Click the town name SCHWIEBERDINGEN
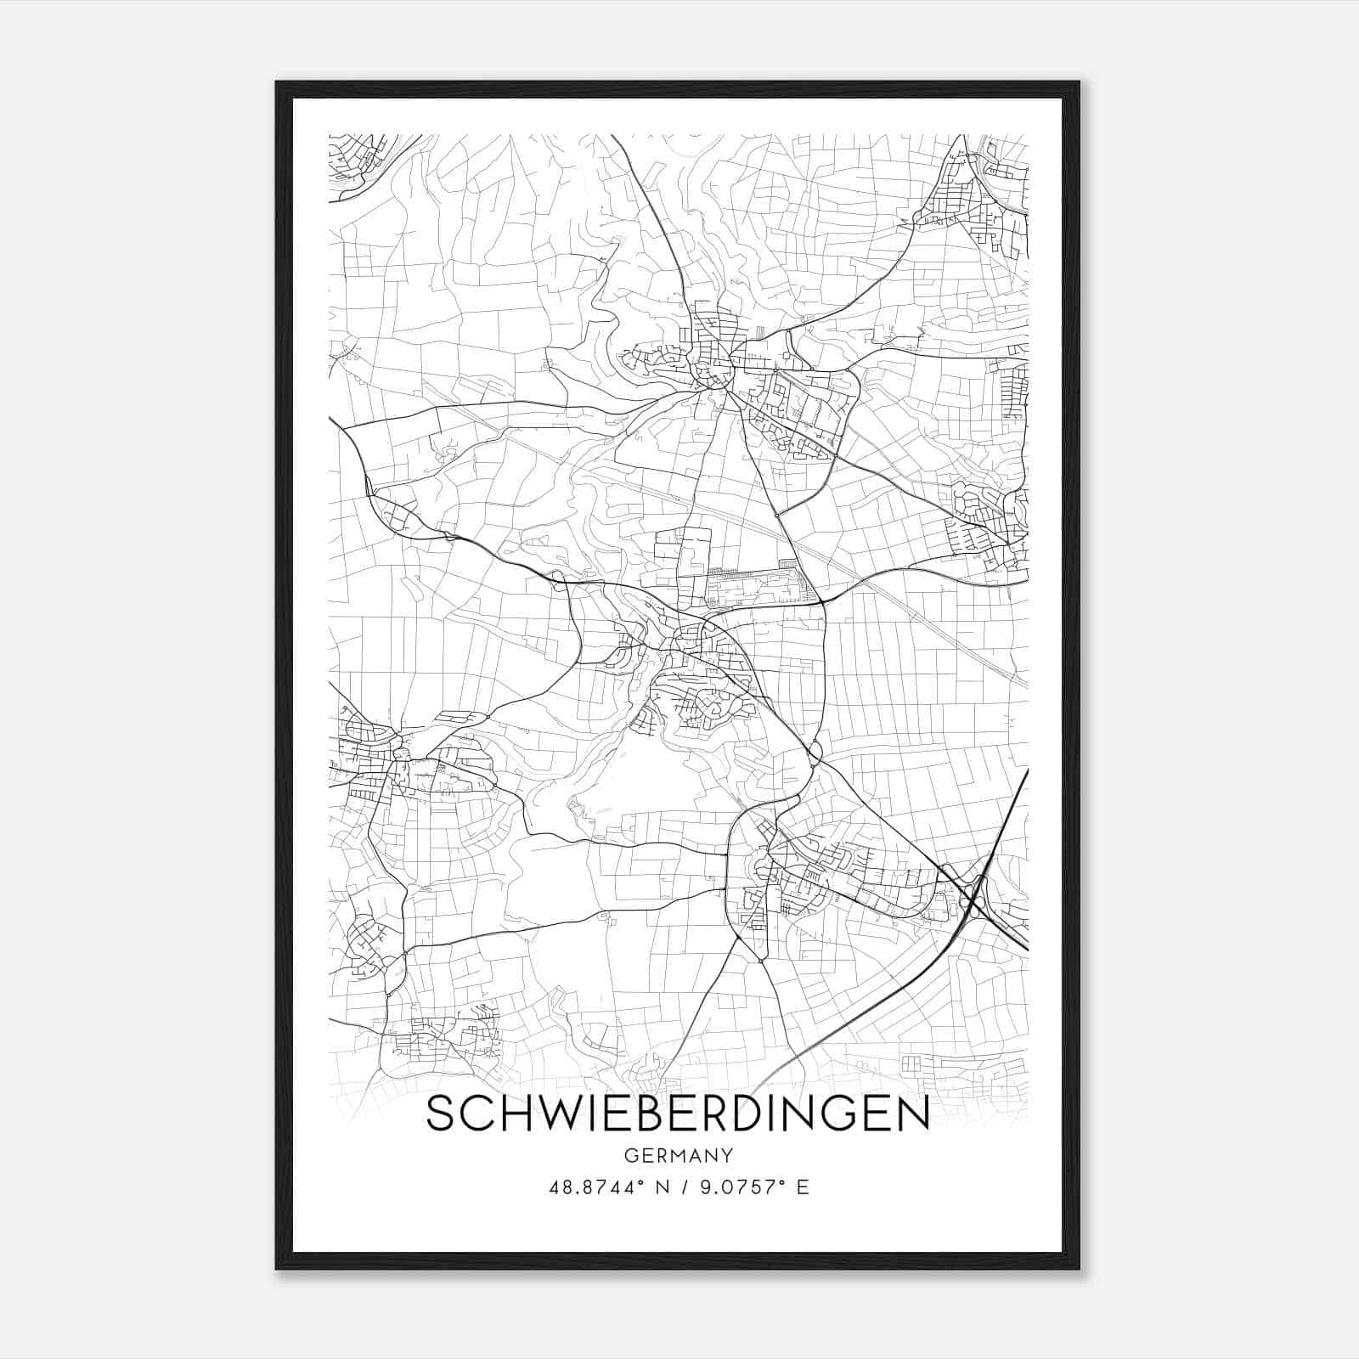pos(678,1114)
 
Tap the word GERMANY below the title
pos(678,1155)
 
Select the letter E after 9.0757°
pos(803,1187)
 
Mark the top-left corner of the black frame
pos(277,83)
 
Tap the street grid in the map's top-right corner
pos(977,195)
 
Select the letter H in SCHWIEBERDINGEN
pos(505,1114)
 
